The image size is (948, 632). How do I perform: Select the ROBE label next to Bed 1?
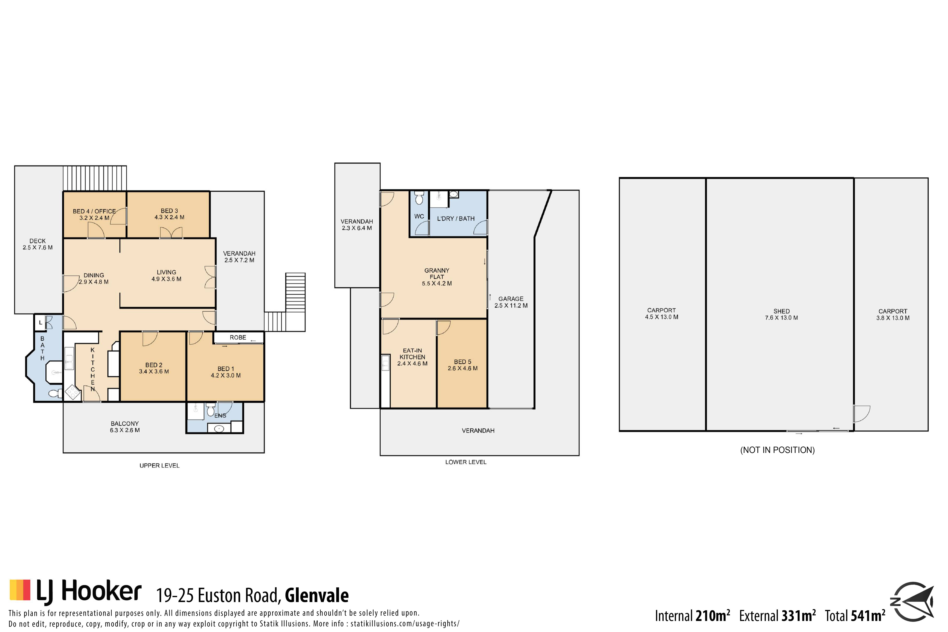tap(238, 337)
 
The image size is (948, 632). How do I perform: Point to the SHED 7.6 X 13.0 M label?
tap(782, 314)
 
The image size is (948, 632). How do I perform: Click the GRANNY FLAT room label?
tap(436, 274)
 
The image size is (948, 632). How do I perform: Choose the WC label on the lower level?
tap(419, 216)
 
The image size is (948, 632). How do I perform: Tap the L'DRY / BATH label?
tap(456, 218)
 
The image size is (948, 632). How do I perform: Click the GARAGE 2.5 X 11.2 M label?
tap(511, 302)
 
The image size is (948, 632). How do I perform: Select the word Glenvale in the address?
tap(317, 595)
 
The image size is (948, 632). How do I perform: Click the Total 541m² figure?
tap(855, 616)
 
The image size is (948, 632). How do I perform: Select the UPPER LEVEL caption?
tap(159, 466)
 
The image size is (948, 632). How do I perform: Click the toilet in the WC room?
tap(419, 197)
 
